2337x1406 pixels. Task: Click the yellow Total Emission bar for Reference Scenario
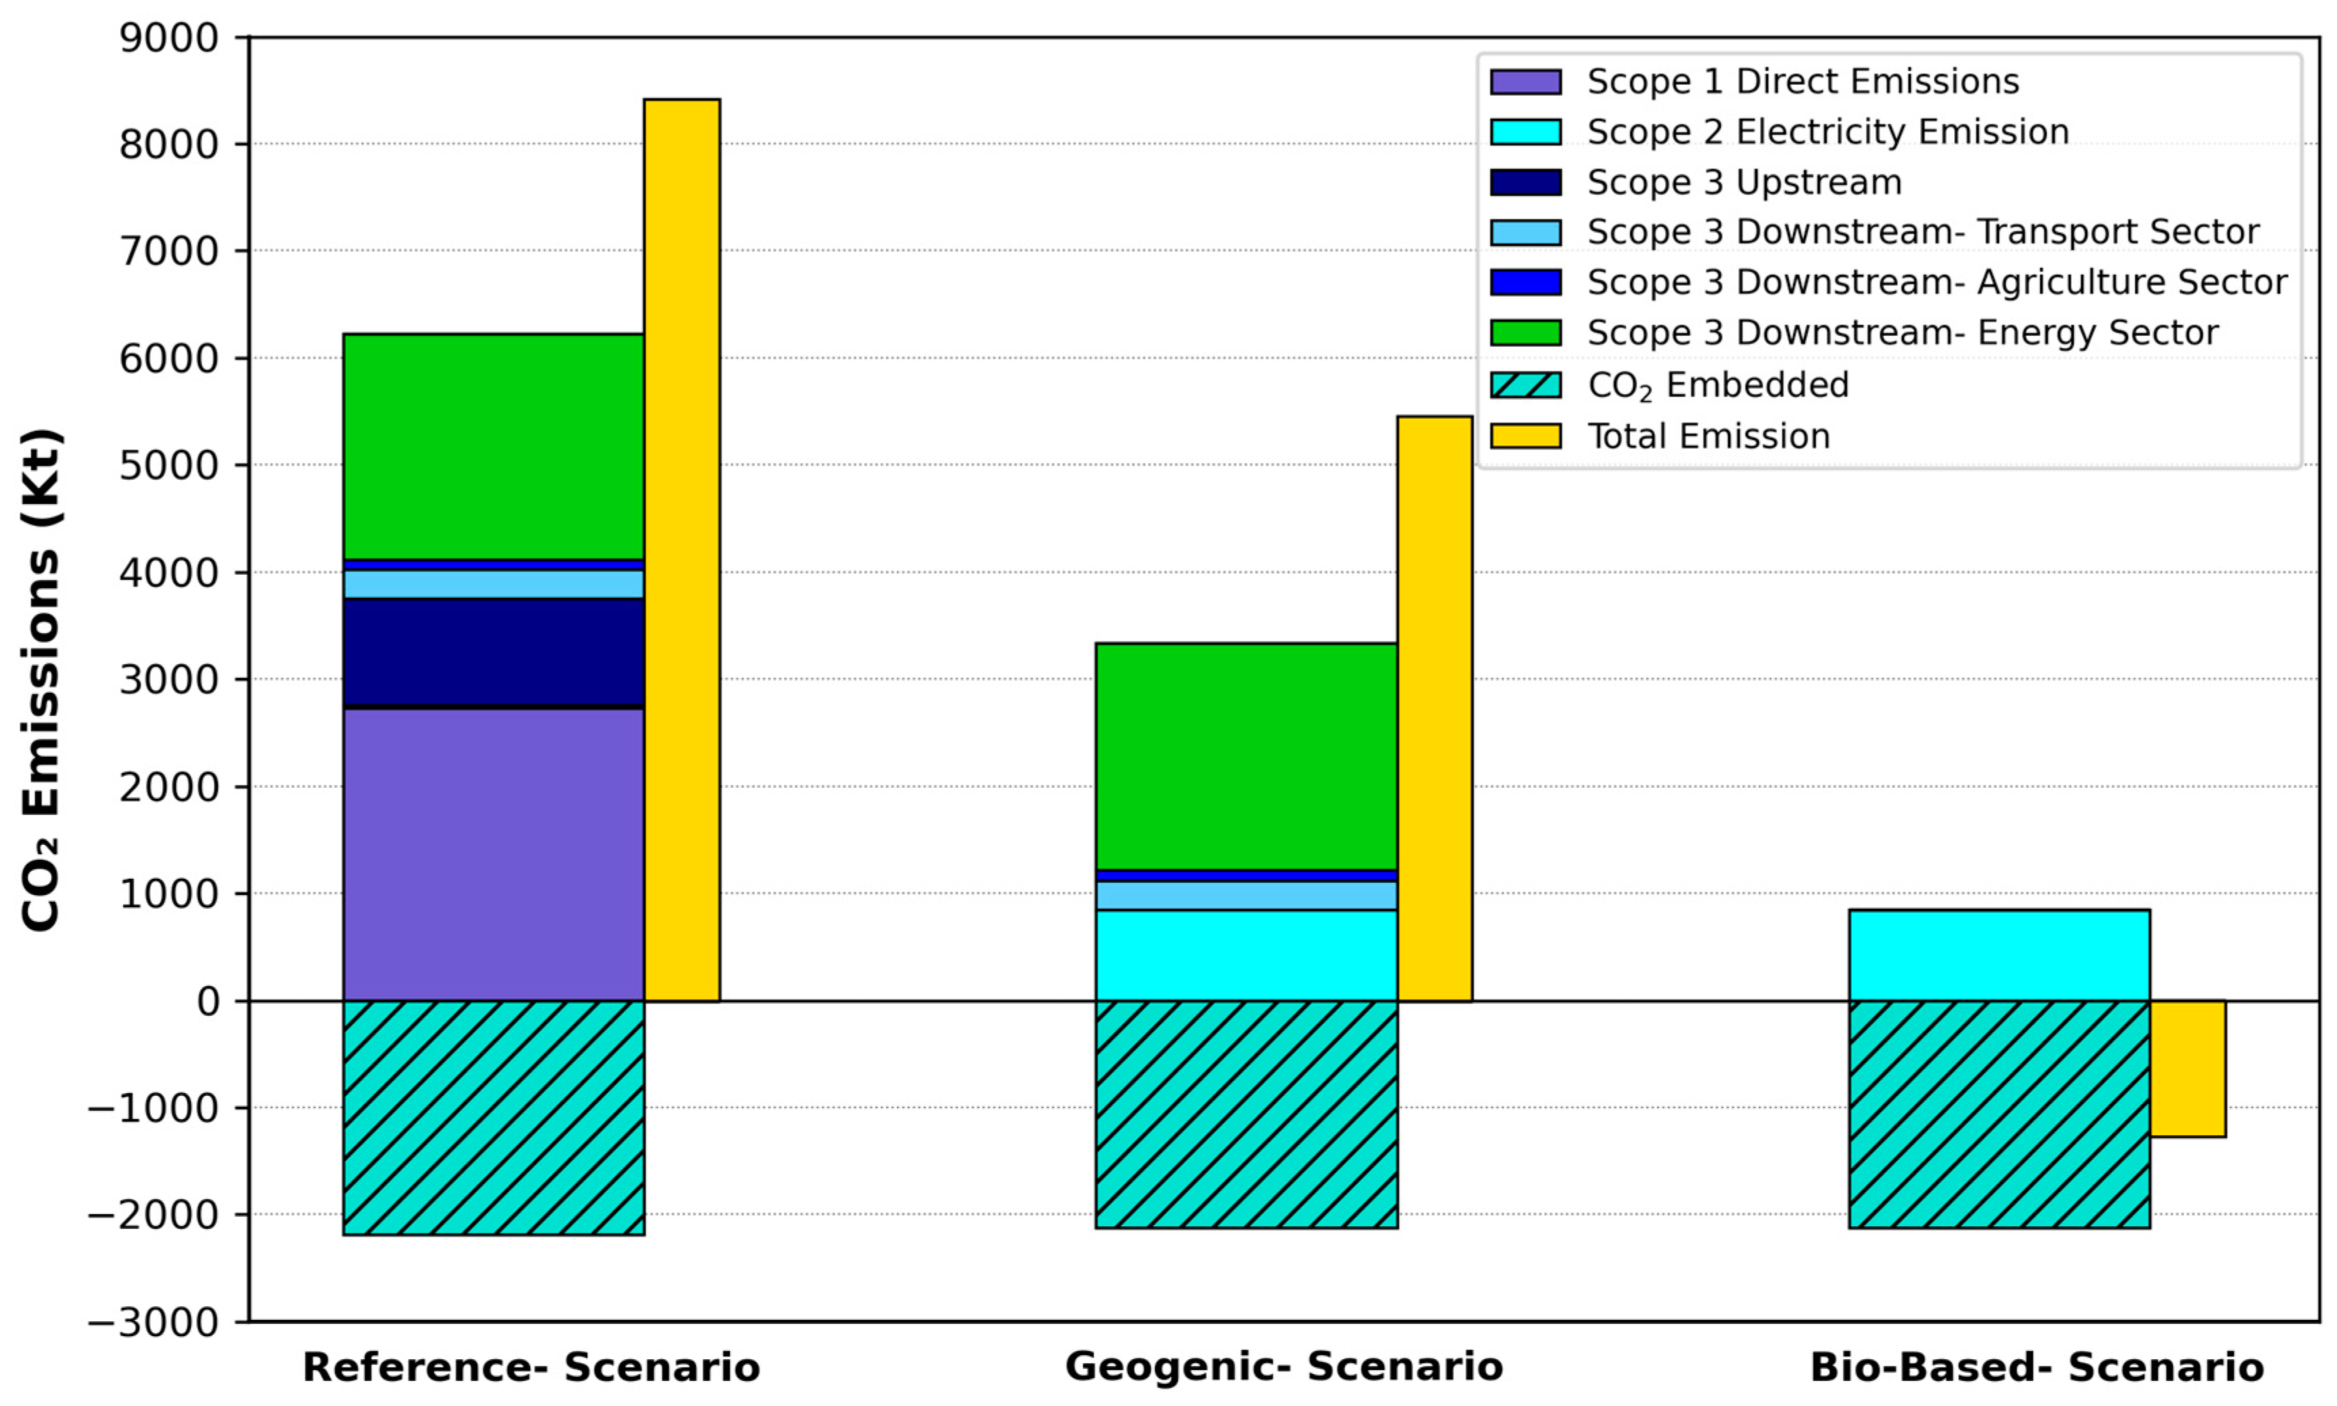tap(681, 550)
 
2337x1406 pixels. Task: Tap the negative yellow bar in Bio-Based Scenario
tap(2186, 1069)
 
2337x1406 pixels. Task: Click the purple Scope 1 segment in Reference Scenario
tap(493, 854)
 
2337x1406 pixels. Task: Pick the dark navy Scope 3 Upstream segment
tap(493, 653)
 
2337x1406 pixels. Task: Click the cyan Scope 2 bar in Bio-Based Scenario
tap(1999, 955)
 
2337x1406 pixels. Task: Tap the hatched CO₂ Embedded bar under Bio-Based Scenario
tap(1999, 1114)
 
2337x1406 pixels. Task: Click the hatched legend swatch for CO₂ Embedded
tap(1525, 385)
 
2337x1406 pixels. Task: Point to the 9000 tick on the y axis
tap(169, 38)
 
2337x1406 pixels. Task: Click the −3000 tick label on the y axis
tap(153, 1322)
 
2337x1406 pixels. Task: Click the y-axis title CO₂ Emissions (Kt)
tap(41, 679)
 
